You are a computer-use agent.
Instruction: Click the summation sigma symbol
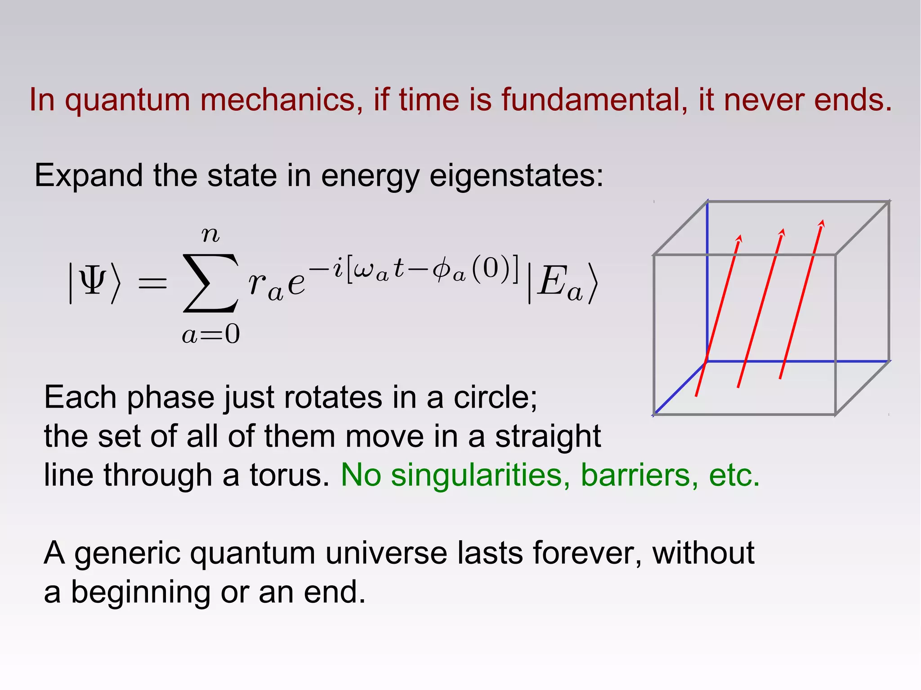click(210, 283)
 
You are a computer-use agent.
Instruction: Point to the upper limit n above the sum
click(210, 235)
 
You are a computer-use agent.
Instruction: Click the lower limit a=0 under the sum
click(211, 334)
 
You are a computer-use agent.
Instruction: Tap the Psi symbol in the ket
click(92, 280)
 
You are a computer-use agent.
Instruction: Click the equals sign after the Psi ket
click(152, 284)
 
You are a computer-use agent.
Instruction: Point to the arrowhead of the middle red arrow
click(782, 232)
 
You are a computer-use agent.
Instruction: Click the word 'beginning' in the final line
click(140, 592)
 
